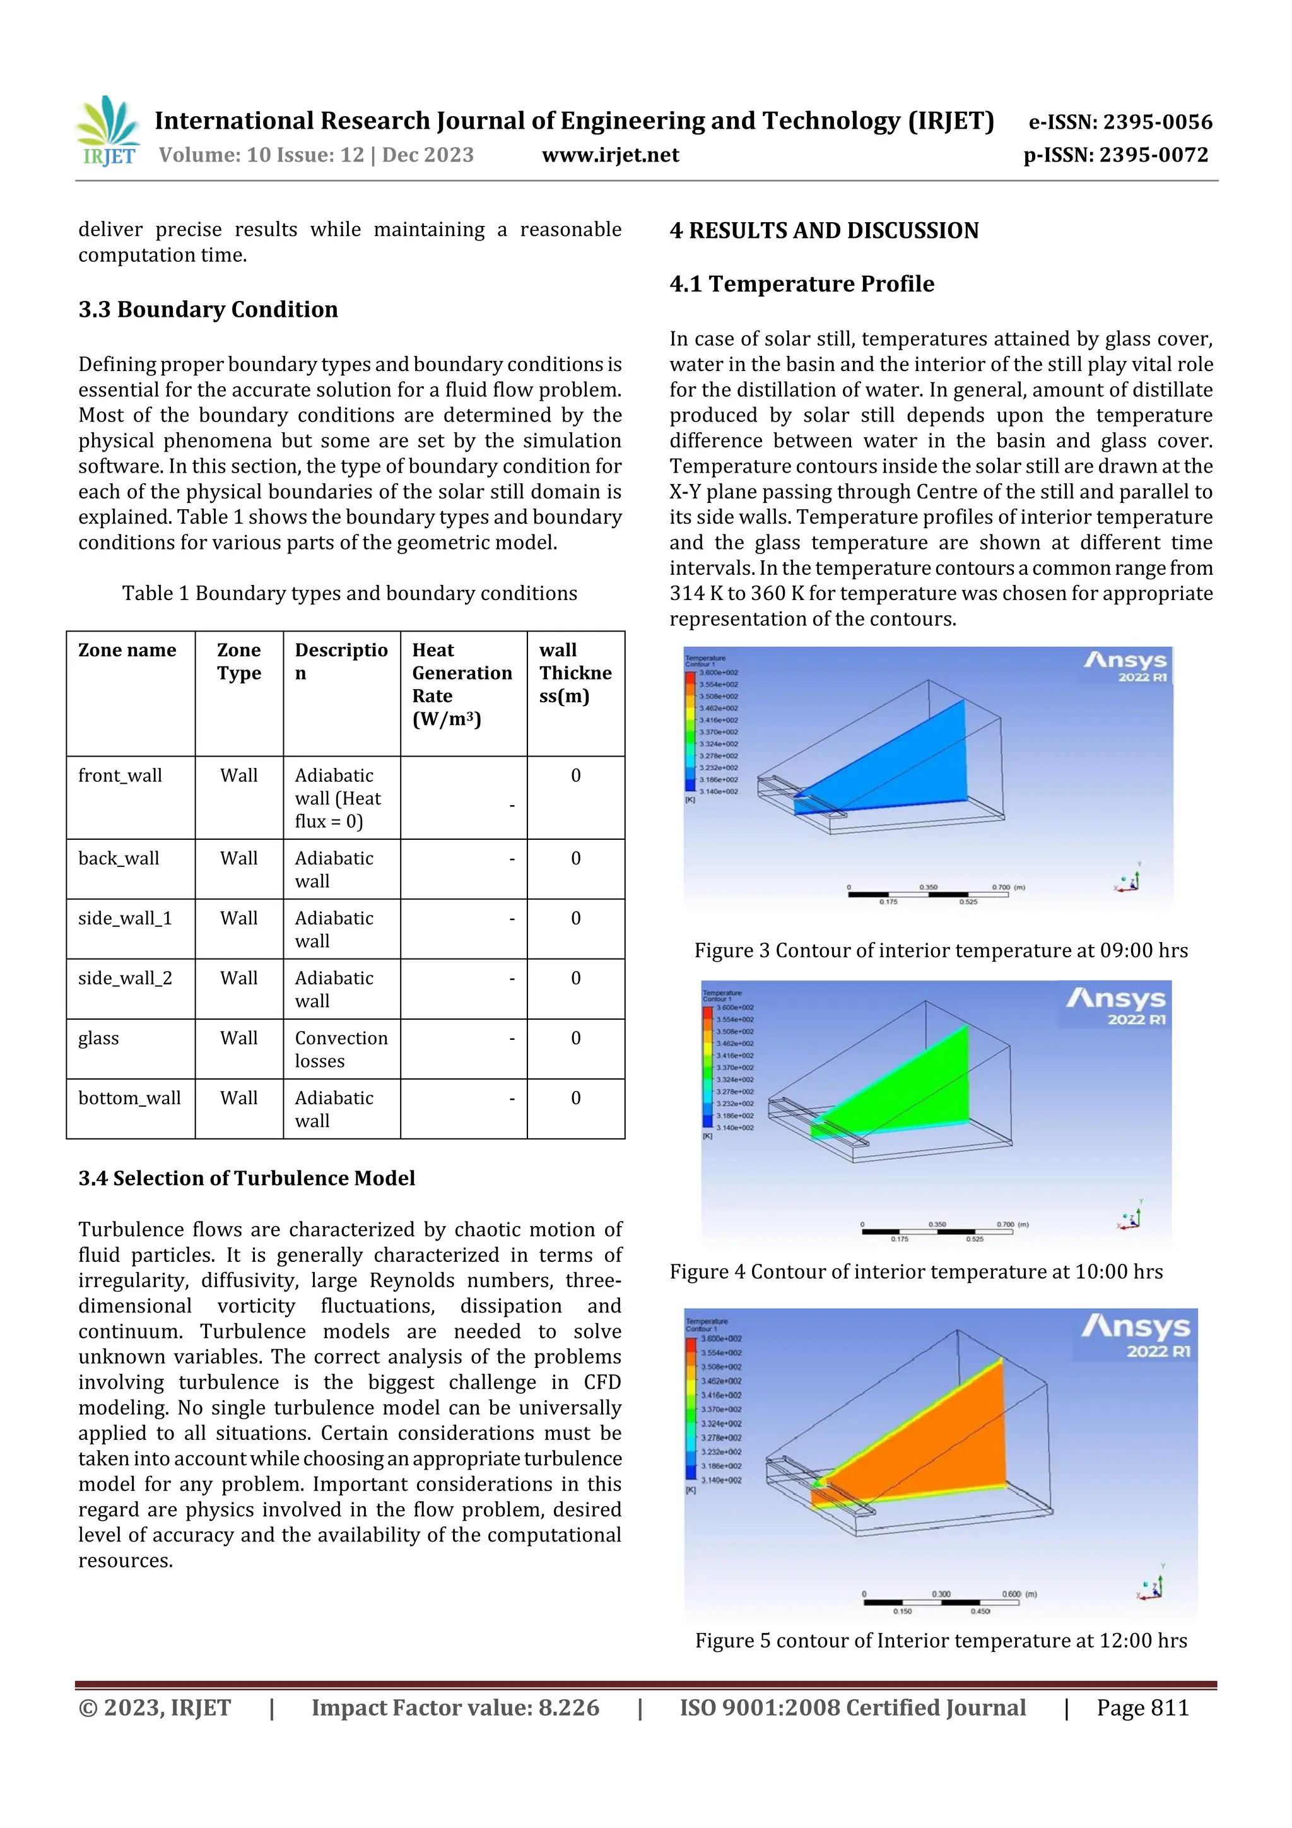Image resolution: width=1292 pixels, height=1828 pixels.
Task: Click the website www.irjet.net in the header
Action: coord(610,155)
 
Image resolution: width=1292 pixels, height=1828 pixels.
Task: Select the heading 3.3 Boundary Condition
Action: coord(208,309)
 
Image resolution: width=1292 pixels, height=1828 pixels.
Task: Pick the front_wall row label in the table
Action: coord(120,775)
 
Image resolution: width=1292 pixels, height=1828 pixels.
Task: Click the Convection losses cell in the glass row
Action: coord(341,1049)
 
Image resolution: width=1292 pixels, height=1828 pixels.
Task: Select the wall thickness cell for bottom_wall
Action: coord(575,1098)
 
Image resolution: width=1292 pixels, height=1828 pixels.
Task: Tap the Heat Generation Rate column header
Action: coord(462,684)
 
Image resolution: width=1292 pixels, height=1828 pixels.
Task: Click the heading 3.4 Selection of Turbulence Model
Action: coord(247,1177)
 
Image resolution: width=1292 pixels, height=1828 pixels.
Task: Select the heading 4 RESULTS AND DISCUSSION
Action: coord(824,231)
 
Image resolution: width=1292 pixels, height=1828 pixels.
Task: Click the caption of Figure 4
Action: coord(915,1271)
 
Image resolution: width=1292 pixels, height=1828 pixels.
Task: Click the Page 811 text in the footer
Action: coord(1142,1707)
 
